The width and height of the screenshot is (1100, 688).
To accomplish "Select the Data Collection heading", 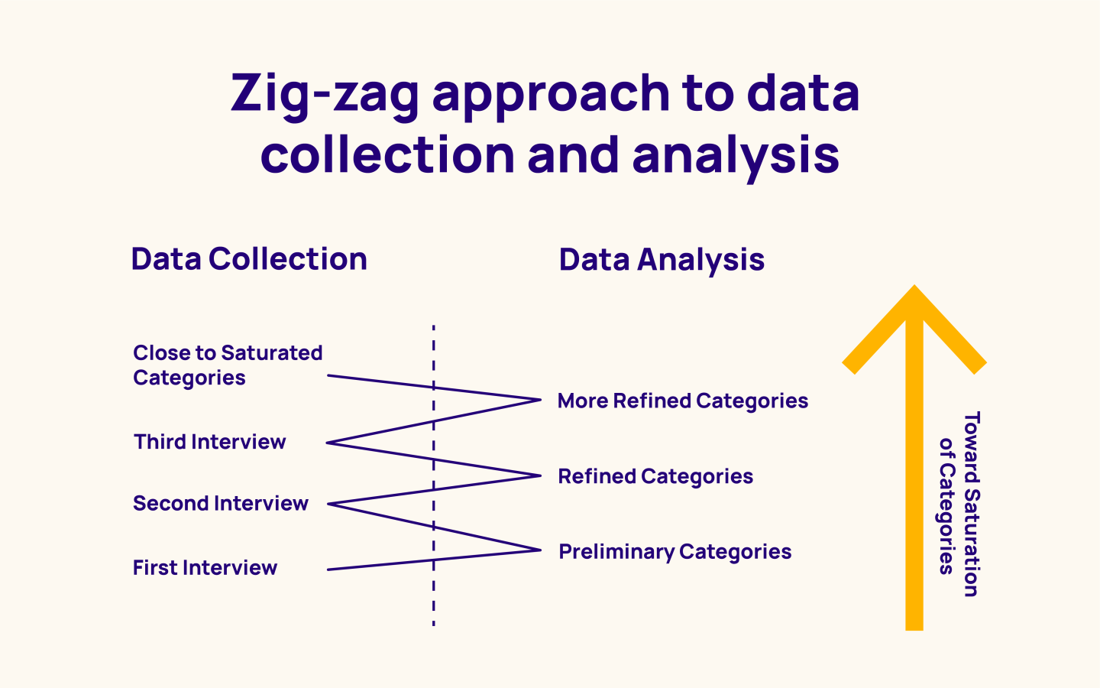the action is point(249,259).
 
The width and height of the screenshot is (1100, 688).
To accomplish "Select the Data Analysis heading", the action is point(662,260).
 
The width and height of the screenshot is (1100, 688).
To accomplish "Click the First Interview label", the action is point(205,568).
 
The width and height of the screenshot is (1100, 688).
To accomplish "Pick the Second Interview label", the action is point(220,504).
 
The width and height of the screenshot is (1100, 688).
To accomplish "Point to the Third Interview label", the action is point(209,442).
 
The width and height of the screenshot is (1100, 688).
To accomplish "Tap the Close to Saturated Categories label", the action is point(227,365).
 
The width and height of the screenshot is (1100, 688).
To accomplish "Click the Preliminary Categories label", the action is point(675,552).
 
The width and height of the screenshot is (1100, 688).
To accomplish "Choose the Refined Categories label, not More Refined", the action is point(655,476).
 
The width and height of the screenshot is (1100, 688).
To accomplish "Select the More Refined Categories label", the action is point(682,401).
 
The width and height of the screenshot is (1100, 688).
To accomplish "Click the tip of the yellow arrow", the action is point(914,289).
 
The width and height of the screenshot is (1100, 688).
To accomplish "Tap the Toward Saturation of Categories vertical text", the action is point(959,505).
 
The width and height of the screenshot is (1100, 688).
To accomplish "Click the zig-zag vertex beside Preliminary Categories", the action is point(539,550).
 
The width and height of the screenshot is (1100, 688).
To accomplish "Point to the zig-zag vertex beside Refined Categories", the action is point(539,475).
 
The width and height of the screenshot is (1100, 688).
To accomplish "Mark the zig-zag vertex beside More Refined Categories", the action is point(539,400).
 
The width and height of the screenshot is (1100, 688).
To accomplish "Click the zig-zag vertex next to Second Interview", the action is point(328,505).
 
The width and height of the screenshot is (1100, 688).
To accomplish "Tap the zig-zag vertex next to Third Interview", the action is point(328,443).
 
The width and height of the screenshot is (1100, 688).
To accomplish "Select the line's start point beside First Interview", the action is point(328,570).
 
